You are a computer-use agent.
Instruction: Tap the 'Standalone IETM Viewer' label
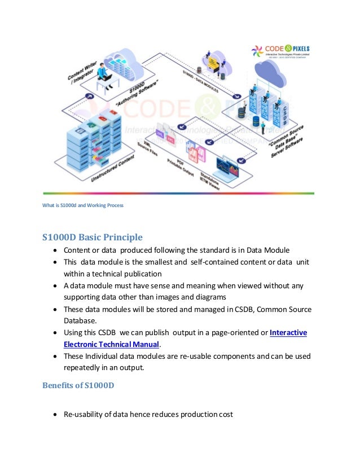(x=210, y=178)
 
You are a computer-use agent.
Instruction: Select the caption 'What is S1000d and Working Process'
(x=83, y=205)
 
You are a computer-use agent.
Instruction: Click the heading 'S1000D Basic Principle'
(x=92, y=237)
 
